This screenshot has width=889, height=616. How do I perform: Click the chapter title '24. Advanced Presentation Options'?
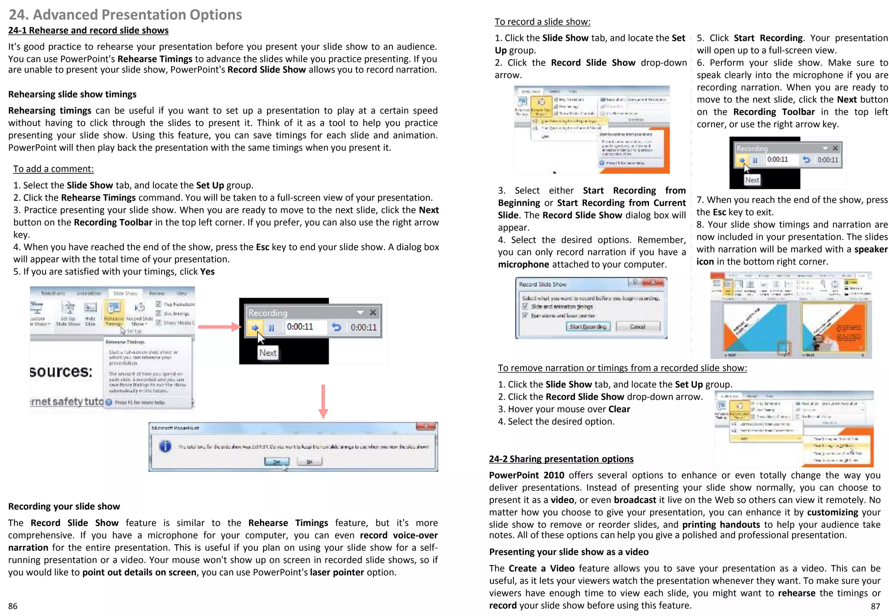pyautogui.click(x=125, y=15)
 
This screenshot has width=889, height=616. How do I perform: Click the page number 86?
pyautogui.click(x=13, y=606)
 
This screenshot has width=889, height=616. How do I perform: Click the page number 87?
pyautogui.click(x=875, y=606)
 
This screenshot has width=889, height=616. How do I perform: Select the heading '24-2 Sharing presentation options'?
pyautogui.click(x=561, y=459)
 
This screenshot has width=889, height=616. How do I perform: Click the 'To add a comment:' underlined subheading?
pyautogui.click(x=53, y=169)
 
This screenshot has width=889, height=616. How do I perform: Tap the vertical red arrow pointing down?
pyautogui.click(x=323, y=401)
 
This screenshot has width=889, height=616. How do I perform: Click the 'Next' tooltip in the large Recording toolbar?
pyautogui.click(x=268, y=353)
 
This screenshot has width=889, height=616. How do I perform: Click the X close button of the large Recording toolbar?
pyautogui.click(x=373, y=313)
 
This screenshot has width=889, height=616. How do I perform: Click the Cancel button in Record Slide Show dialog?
pyautogui.click(x=637, y=327)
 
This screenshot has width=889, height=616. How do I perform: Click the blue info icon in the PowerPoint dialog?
pyautogui.click(x=165, y=446)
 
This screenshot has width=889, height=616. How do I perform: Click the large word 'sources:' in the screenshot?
pyautogui.click(x=61, y=372)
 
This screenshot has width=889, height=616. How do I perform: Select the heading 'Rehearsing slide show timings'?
pyautogui.click(x=72, y=94)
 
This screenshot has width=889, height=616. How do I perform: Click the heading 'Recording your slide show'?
pyautogui.click(x=64, y=507)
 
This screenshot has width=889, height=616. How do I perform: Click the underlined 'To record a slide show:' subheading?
pyautogui.click(x=542, y=22)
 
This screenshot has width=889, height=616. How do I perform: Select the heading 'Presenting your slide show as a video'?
pyautogui.click(x=569, y=552)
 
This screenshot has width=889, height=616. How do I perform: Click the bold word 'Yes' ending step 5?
pyautogui.click(x=207, y=272)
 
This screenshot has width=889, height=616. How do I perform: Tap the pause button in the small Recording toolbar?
pyautogui.click(x=755, y=160)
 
